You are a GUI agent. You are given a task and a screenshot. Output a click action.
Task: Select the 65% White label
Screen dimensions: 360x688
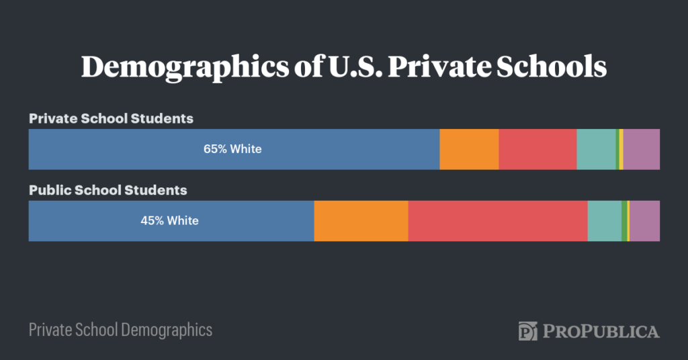232,149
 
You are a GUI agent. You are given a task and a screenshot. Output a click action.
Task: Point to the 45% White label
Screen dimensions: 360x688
169,220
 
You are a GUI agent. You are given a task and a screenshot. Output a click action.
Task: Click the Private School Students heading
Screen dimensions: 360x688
111,119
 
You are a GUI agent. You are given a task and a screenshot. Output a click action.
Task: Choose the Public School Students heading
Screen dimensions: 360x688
107,190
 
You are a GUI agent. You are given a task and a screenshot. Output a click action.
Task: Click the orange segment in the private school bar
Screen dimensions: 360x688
469,149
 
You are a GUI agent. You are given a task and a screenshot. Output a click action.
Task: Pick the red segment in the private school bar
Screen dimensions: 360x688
537,149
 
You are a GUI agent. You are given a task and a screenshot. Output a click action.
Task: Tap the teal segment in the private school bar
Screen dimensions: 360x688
596,149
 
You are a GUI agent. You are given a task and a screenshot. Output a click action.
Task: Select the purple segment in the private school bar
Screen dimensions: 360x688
642,149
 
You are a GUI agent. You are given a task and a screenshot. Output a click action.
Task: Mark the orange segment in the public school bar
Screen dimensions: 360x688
361,220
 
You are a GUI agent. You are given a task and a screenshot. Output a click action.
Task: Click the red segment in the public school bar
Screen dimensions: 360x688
498,220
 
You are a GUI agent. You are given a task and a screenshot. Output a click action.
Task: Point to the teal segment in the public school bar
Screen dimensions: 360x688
605,220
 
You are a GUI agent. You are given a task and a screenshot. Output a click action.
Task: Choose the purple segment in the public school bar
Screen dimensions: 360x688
644,220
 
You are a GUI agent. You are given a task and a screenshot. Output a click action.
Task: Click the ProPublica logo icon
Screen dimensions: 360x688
528,331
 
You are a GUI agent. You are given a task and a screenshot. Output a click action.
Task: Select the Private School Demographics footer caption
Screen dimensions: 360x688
120,330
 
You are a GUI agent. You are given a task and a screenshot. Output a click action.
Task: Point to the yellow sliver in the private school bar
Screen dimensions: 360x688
621,149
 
